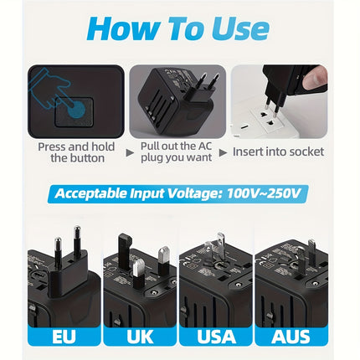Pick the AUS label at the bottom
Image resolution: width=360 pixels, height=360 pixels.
[x=290, y=337]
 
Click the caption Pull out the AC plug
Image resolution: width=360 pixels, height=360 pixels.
[x=177, y=152]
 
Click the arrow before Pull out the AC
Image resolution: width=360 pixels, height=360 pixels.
[x=129, y=152]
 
